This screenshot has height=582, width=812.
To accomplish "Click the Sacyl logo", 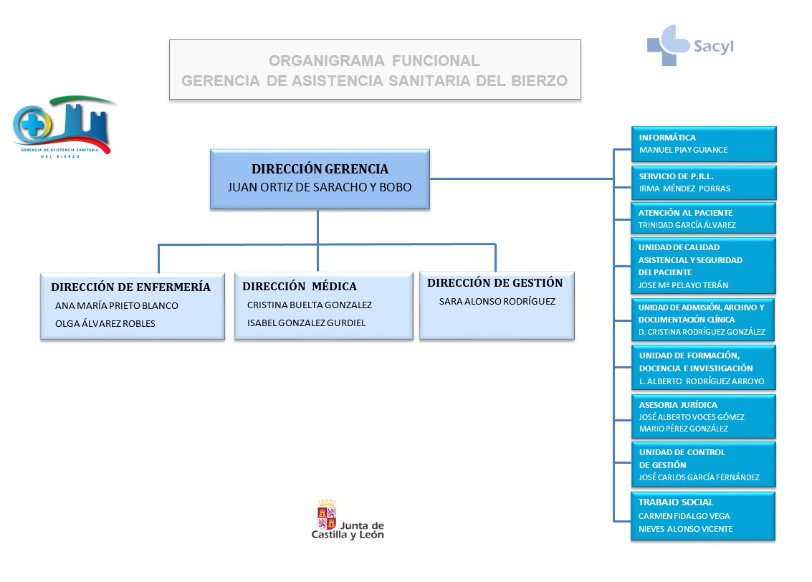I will coord(689,44).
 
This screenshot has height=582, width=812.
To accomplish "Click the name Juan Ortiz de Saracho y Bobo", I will coord(320,187).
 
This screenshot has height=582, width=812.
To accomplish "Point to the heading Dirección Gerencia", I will coord(320,169).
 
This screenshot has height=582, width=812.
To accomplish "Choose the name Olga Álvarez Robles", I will coord(105,323).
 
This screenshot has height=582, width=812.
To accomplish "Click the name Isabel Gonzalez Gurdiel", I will coord(306,323).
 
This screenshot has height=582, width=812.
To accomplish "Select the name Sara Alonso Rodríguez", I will coord(497,302).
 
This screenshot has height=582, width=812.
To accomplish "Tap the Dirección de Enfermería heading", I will coord(131,287).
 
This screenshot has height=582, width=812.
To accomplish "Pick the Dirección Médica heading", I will coord(299,287).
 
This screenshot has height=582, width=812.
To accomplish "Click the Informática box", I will coord(703,143).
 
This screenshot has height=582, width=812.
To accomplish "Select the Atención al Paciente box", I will coord(703,218).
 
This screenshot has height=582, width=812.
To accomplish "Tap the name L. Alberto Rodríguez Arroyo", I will coord(701,381).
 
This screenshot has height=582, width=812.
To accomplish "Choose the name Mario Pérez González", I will coord(683,429).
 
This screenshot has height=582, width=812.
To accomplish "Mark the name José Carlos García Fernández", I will coord(699,477).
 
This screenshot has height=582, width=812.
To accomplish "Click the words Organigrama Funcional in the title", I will coord(374,62).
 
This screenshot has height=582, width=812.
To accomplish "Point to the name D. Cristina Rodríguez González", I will coord(702,332).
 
